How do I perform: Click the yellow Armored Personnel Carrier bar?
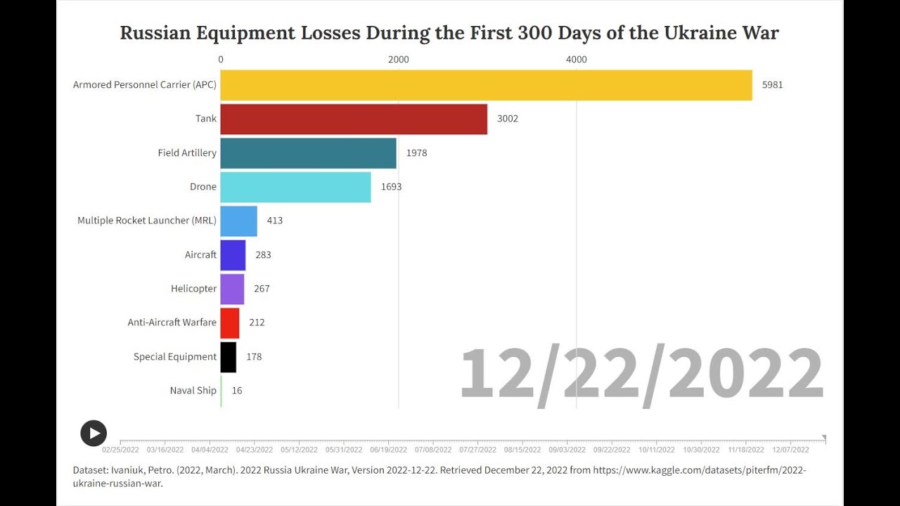point(486,85)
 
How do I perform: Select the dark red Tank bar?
point(354,119)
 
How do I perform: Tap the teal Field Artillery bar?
point(308,153)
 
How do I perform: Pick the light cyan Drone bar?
point(295,187)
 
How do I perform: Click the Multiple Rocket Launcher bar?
point(238,221)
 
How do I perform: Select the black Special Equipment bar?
point(228,357)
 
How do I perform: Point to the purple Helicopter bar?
point(232,289)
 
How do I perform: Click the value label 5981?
point(772,85)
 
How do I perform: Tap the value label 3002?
point(507,119)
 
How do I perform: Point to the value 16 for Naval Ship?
point(237,391)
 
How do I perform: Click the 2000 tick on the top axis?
point(398,60)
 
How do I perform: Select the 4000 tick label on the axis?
point(576,60)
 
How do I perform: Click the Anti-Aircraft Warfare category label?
point(172,323)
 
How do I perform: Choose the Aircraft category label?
point(200,255)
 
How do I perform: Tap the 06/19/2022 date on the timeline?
point(388,450)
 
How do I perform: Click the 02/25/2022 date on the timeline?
point(120,450)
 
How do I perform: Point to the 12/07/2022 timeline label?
point(790,450)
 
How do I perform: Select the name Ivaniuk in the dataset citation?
point(129,470)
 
